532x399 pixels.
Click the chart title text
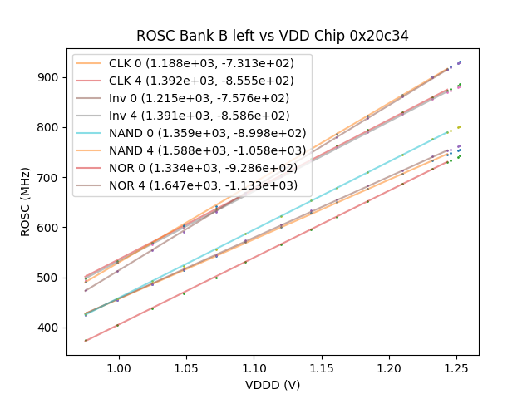pos(273,36)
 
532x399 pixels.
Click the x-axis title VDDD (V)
pos(273,385)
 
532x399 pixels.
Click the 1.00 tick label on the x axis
pos(119,366)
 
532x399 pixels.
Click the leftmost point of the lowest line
pos(86,340)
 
